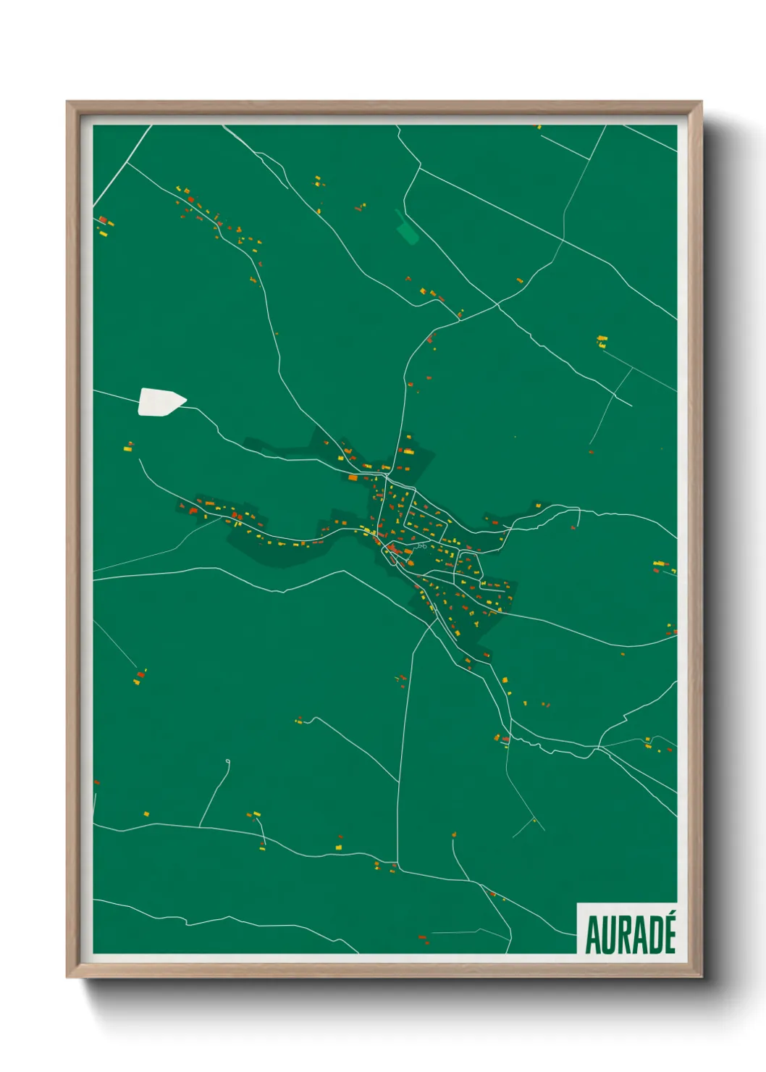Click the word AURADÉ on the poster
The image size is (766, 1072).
(x=630, y=934)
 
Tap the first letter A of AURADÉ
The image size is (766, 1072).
(x=593, y=936)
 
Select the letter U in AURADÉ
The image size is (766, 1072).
(x=608, y=936)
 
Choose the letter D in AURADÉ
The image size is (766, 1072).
(x=654, y=936)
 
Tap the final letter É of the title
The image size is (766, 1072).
(x=669, y=936)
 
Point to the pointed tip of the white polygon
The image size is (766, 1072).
(x=185, y=398)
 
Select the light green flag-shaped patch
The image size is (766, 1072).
(x=407, y=227)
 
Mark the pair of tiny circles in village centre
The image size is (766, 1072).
(x=422, y=545)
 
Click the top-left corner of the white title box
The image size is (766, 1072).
(x=578, y=903)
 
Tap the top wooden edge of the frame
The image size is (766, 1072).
(x=384, y=106)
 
